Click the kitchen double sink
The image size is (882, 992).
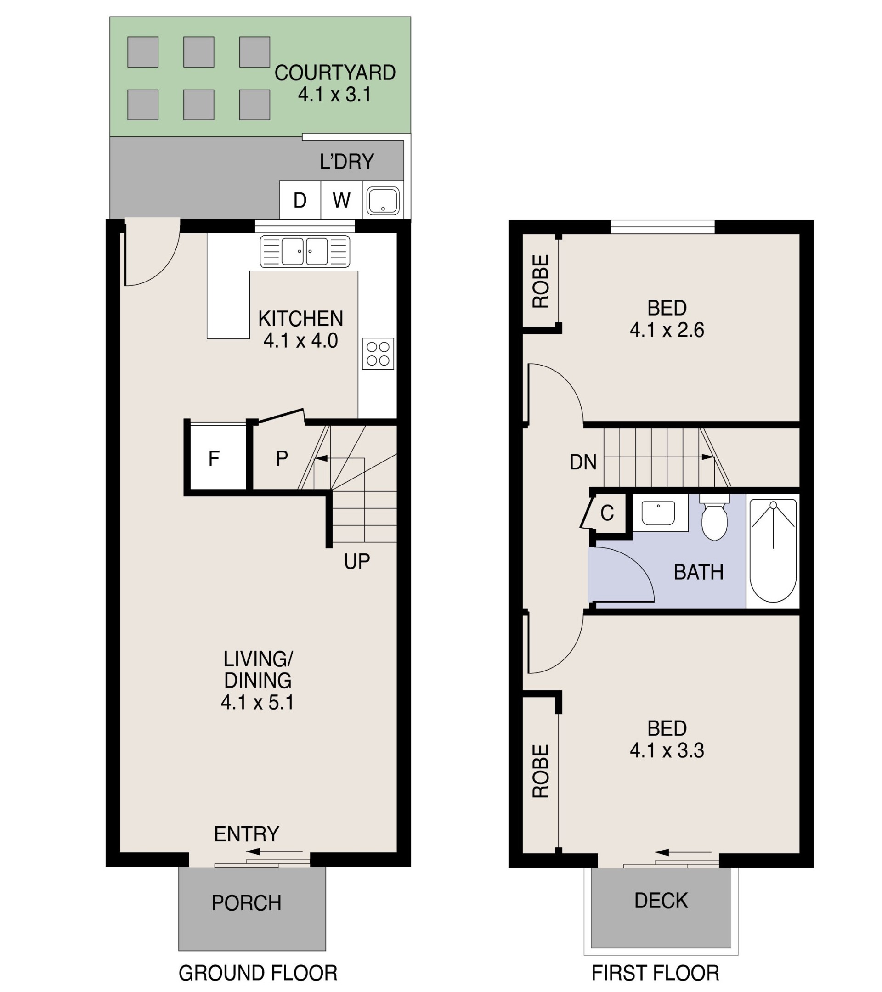305,251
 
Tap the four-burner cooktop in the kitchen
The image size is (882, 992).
378,353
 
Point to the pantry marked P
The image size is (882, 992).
282,458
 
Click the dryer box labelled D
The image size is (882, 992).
300,200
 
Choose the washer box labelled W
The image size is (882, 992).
341,200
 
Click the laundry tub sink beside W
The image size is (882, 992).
383,200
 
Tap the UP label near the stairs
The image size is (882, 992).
357,562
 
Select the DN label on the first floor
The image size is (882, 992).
583,462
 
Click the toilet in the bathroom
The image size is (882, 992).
714,517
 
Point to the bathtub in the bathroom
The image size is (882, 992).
773,551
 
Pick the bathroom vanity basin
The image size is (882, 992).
658,513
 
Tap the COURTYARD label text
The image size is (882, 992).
335,73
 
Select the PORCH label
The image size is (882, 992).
247,903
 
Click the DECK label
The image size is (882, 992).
661,901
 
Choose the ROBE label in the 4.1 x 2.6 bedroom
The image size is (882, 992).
540,282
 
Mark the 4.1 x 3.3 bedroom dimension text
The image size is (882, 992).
667,750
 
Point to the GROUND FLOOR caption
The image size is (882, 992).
258,973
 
